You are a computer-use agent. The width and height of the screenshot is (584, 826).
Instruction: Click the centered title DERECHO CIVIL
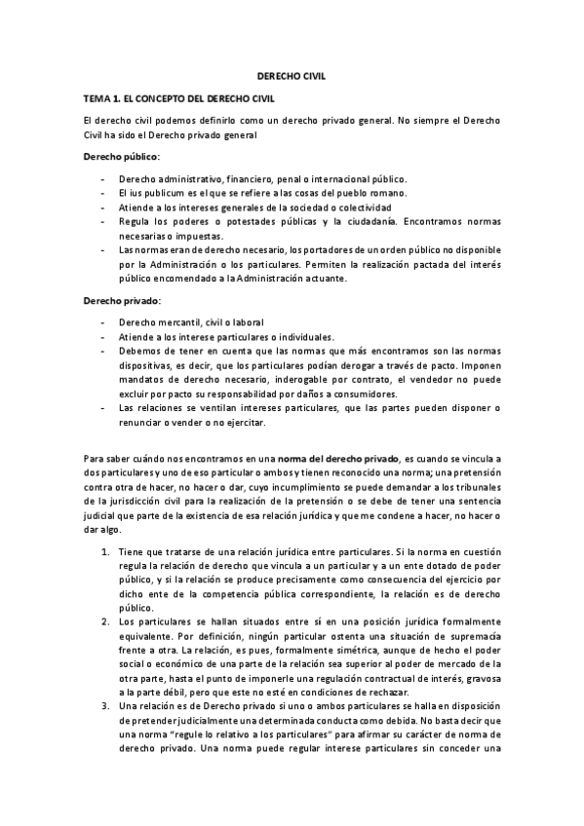pyautogui.click(x=292, y=74)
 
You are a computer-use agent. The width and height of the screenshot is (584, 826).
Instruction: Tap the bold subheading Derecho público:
pyautogui.click(x=123, y=156)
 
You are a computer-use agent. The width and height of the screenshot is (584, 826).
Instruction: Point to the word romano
pyautogui.click(x=382, y=194)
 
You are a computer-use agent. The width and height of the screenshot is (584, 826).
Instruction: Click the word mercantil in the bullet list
pyautogui.click(x=175, y=322)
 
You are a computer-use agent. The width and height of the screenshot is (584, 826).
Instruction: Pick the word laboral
pyautogui.click(x=248, y=322)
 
